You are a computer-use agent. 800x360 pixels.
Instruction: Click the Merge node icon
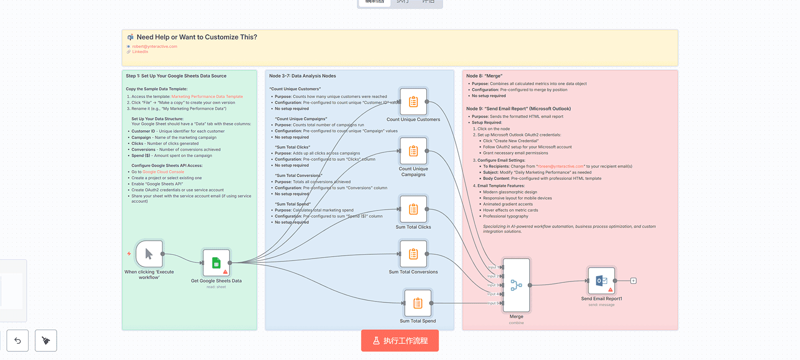coord(516,285)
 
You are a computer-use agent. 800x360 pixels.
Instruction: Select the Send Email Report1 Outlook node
coord(601,280)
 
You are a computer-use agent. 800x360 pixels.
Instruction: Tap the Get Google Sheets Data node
coord(216,262)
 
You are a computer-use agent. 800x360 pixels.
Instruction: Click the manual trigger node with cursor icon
coord(149,254)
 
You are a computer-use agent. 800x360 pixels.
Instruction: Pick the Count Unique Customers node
coord(413,101)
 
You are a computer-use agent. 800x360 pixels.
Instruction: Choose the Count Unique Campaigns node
coord(413,151)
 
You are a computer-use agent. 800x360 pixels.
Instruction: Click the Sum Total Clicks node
coord(413,209)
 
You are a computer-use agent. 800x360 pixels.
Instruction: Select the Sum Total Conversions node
coord(413,254)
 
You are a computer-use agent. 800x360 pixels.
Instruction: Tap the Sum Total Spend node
coord(418,303)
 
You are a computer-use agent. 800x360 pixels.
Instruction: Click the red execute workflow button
coord(400,340)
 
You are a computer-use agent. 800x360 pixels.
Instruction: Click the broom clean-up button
coord(46,340)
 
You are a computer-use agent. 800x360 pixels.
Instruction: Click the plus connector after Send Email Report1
coord(633,281)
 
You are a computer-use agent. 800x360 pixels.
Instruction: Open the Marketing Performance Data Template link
coord(207,97)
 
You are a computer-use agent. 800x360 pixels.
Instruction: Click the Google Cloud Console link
coord(163,172)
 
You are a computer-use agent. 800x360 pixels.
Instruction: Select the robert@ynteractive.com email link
coord(155,47)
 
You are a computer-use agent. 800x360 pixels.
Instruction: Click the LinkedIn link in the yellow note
coord(140,52)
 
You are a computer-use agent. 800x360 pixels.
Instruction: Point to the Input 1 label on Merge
coord(492,267)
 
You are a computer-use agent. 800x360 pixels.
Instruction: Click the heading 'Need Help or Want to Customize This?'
coord(197,37)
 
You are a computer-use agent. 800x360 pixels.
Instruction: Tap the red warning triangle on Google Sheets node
coord(225,272)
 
